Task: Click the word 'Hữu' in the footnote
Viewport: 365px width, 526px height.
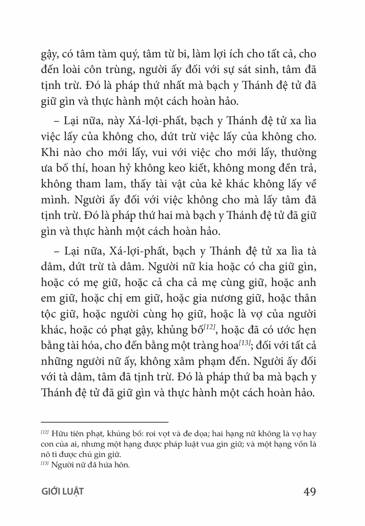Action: coord(58,434)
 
